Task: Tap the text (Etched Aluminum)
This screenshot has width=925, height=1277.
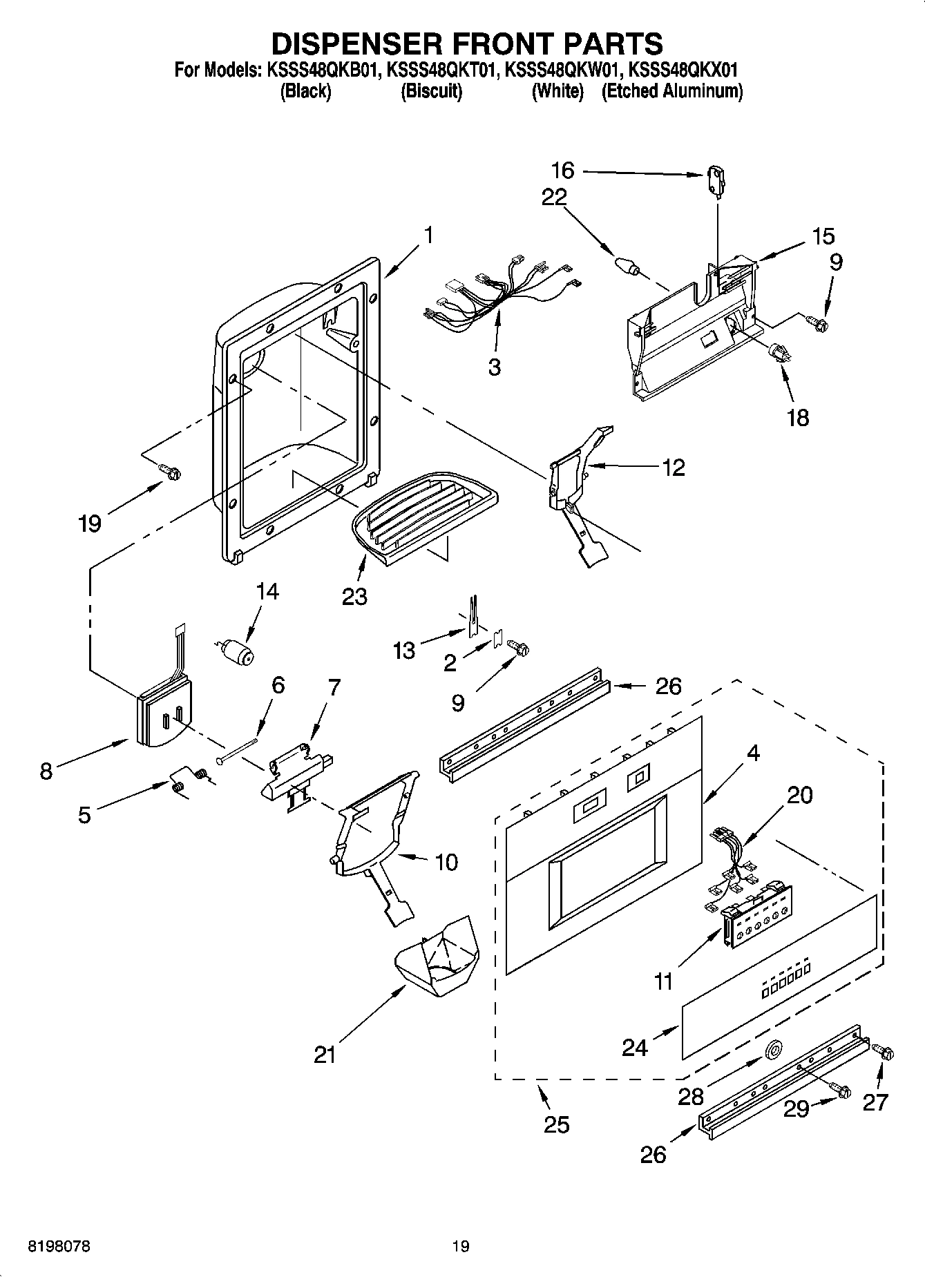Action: click(x=671, y=91)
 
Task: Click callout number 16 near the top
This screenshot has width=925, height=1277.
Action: click(x=562, y=170)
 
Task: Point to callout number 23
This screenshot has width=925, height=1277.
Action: click(x=354, y=596)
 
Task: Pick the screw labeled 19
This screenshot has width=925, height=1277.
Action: click(x=170, y=471)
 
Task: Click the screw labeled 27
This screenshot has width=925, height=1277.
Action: click(x=884, y=1053)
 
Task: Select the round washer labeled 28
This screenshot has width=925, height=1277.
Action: click(x=772, y=1050)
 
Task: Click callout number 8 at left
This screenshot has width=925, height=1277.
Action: click(x=46, y=771)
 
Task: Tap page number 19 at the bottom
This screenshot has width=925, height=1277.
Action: click(x=461, y=1247)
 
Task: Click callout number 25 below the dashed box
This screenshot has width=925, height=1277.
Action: click(x=556, y=1124)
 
